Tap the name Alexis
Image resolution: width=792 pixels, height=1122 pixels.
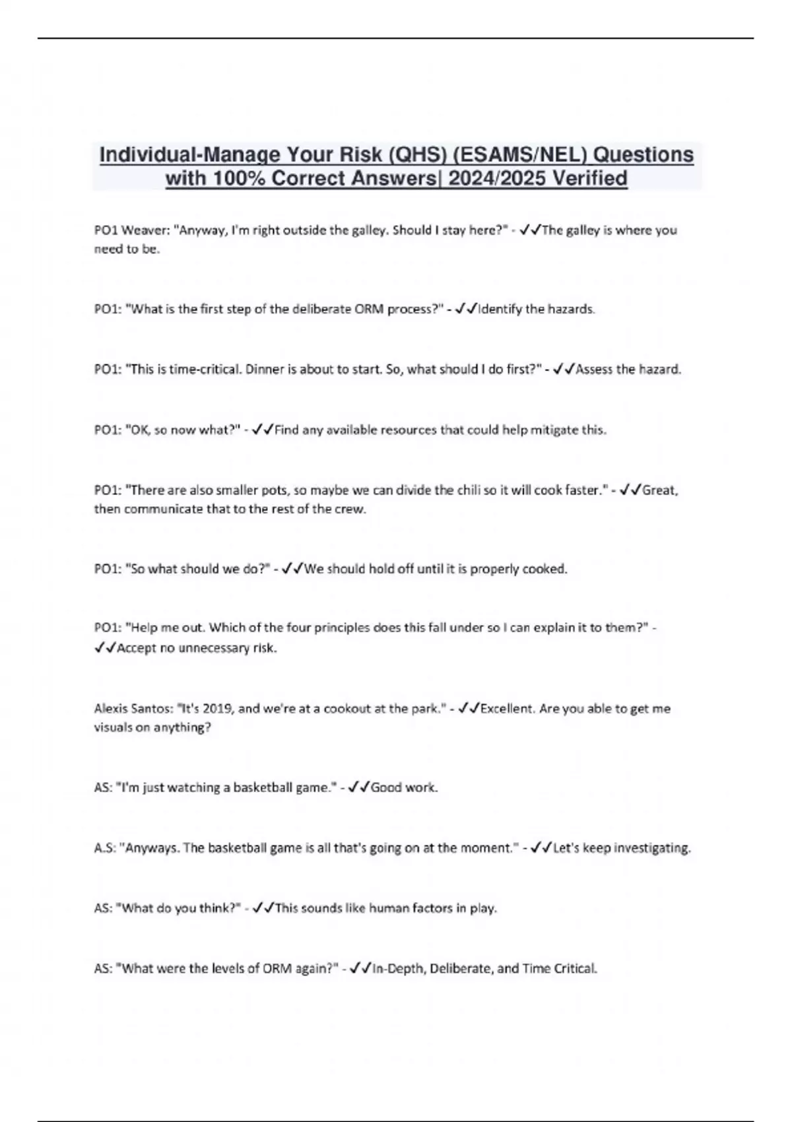pyautogui.click(x=114, y=709)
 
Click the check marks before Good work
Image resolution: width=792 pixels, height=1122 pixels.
pyautogui.click(x=359, y=787)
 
